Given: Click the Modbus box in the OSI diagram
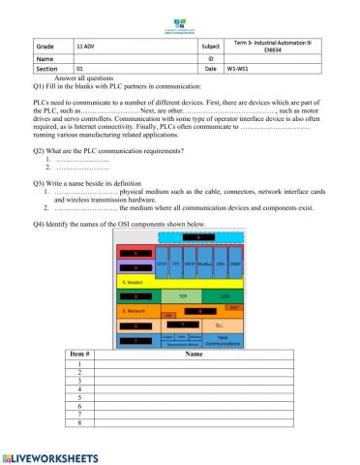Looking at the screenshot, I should [x=204, y=264].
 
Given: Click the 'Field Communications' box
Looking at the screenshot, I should [x=224, y=340].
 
